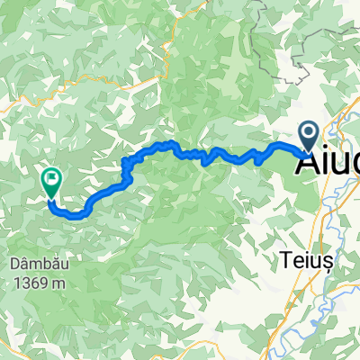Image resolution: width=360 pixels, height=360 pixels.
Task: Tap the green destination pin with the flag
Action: pos(49,181)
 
